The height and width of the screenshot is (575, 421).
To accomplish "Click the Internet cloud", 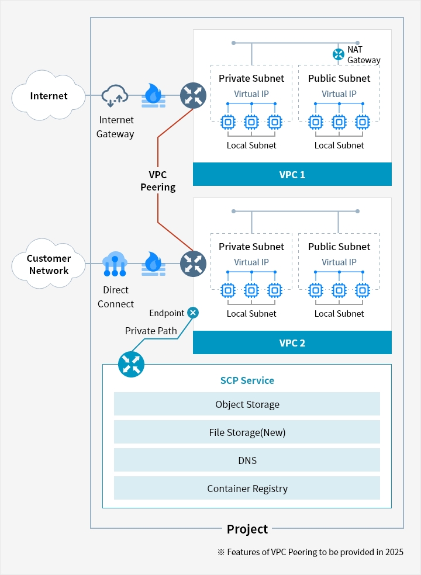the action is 49,95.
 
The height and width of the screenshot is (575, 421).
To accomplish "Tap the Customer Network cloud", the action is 49,264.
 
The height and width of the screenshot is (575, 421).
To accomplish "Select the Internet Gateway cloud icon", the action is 115,96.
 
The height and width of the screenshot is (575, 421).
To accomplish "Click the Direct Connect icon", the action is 115,264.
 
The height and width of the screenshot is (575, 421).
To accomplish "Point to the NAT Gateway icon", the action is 338,54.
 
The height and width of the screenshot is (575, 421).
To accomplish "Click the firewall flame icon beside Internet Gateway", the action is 153,96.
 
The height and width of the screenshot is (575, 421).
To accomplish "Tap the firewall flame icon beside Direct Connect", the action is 153,264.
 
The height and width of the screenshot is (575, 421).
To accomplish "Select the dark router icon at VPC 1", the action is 193,95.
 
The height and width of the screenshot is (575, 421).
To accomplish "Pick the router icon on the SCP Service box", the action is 131,364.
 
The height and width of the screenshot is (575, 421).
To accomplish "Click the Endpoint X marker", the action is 193,313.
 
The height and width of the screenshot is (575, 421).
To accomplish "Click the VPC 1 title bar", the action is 292,174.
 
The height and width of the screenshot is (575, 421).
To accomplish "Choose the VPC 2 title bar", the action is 292,342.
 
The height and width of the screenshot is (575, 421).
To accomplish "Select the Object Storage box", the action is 247,404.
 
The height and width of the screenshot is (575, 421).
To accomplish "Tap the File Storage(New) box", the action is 247,432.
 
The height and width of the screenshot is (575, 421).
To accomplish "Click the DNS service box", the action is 247,460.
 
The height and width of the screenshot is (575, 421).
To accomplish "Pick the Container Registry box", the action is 247,488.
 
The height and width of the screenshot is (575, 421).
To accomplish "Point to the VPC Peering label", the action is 158,181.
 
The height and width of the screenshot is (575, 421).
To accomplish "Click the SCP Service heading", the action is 247,380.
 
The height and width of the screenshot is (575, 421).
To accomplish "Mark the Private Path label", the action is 151,330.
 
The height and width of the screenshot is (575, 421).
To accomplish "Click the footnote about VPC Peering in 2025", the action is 310,552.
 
